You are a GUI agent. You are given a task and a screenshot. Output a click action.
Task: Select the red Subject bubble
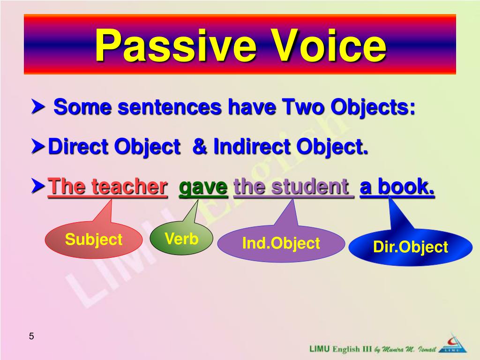[x=93, y=240]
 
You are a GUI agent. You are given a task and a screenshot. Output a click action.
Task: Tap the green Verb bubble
[x=181, y=239]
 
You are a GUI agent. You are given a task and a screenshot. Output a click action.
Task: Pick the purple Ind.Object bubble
[x=281, y=243]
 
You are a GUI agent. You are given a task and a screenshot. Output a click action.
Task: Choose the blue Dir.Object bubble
[x=410, y=247]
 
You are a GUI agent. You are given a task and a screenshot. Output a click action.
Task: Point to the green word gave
[x=203, y=187]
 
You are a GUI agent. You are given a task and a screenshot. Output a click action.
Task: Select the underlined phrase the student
[x=293, y=187]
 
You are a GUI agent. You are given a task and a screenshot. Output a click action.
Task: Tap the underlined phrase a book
[x=397, y=187]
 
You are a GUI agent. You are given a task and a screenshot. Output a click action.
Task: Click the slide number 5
[x=31, y=336]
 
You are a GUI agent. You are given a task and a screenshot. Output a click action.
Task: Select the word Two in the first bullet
[x=303, y=108]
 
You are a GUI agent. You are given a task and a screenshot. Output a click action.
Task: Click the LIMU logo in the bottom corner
[x=453, y=345]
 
